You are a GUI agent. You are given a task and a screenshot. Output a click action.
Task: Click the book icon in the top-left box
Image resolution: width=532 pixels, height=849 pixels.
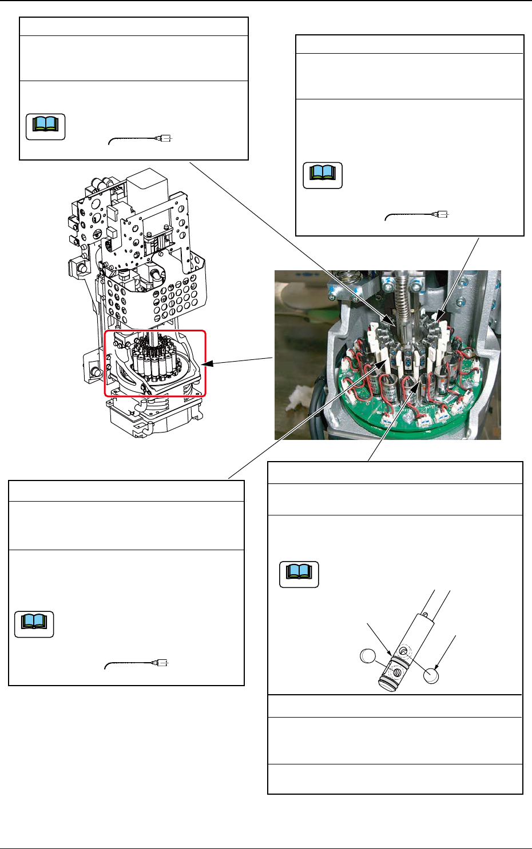coord(46,126)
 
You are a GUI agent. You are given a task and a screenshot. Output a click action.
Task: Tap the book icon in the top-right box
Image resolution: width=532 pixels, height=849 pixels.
coord(323,175)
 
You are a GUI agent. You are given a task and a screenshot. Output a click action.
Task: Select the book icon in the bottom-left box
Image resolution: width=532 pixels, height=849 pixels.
coord(34,624)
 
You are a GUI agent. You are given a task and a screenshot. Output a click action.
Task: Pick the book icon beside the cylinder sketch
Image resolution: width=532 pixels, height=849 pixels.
coord(299,575)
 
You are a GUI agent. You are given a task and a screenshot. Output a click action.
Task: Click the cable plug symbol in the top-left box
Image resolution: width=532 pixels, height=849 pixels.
coord(165,138)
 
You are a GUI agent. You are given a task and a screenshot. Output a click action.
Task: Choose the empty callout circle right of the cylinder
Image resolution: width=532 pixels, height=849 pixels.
coord(432,675)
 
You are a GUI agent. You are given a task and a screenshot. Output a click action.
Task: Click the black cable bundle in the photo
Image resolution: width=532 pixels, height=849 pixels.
coord(312,409)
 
